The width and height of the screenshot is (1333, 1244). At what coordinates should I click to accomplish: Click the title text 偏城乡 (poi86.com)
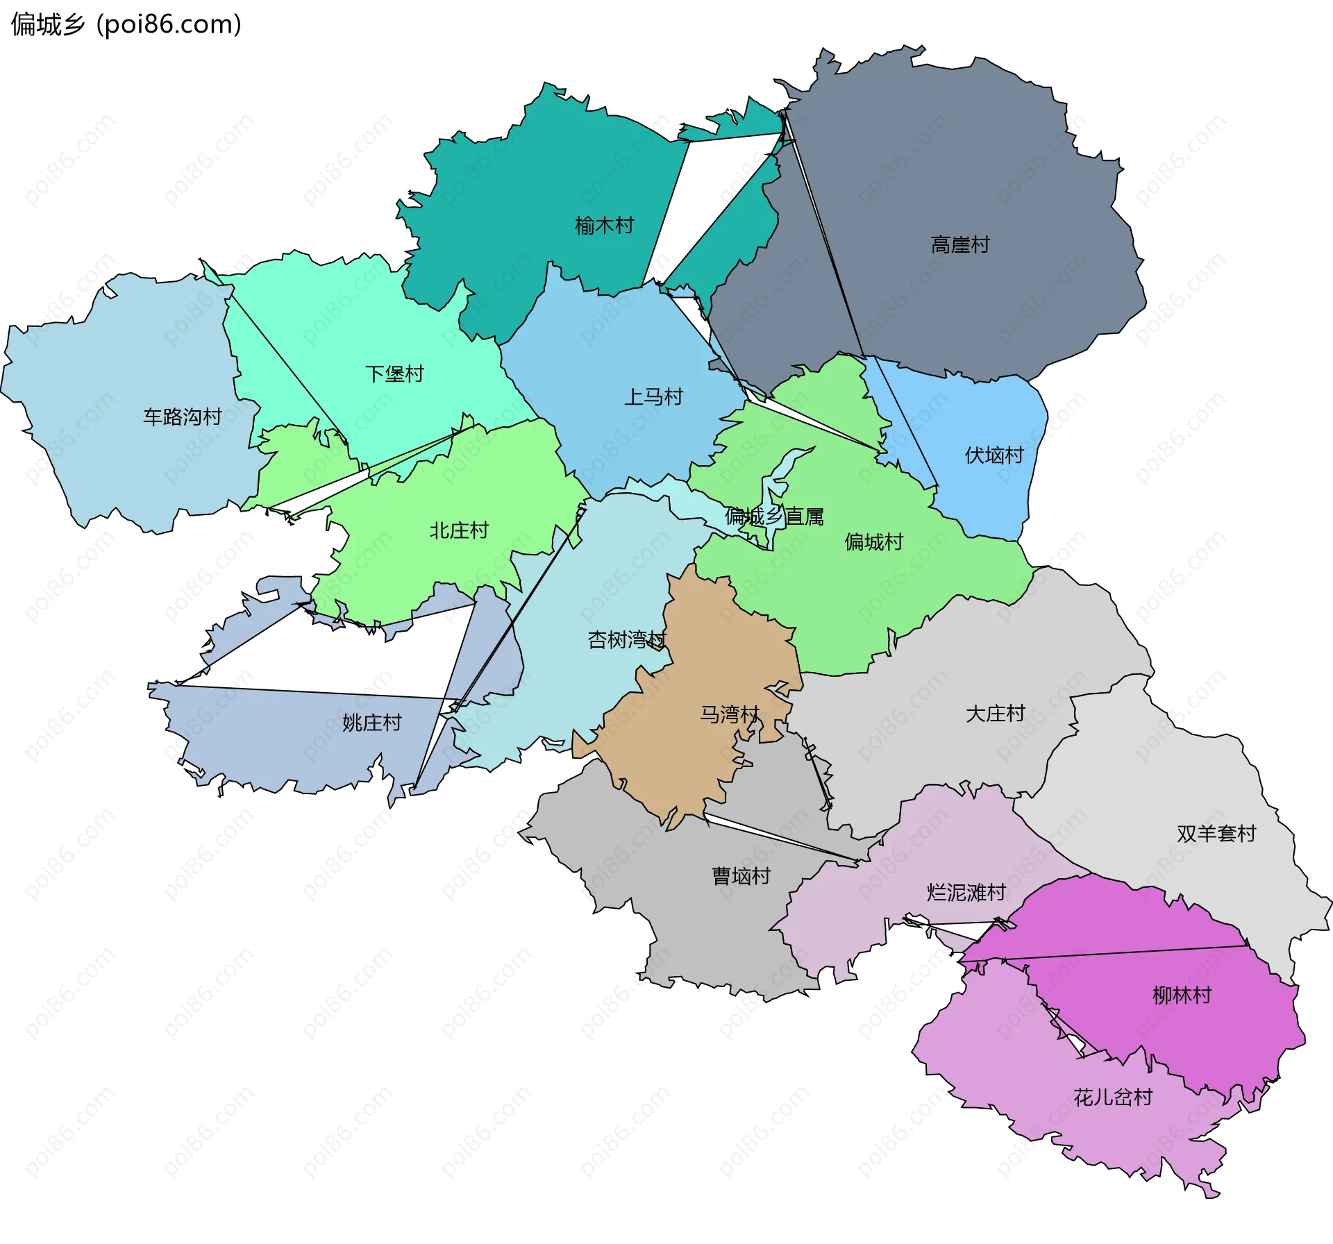tap(126, 24)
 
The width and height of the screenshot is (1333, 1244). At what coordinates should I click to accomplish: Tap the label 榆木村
tap(604, 226)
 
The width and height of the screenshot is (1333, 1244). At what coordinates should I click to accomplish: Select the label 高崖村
tap(959, 245)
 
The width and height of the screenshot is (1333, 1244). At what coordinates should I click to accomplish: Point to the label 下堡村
tap(394, 374)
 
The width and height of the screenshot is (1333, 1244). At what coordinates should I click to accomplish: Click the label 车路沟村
tap(182, 417)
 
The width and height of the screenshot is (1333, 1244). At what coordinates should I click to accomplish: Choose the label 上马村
tap(653, 397)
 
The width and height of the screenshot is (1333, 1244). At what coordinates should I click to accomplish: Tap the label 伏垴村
tap(994, 455)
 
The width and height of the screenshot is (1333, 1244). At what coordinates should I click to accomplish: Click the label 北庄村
tap(459, 530)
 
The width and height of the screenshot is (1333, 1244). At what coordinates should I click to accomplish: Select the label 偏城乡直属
tap(774, 516)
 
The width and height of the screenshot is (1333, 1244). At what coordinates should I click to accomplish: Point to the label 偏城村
tap(873, 542)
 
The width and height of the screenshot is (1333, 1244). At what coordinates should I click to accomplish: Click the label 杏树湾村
tap(627, 639)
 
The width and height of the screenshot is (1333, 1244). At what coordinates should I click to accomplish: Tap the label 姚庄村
tap(371, 723)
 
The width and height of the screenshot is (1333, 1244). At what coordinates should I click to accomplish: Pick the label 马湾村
tap(730, 714)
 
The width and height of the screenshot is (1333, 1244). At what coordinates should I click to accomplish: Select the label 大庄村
tap(995, 714)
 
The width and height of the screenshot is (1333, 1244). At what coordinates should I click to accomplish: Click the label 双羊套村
tap(1216, 833)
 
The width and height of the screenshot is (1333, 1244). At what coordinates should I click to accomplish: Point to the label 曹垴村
tap(741, 876)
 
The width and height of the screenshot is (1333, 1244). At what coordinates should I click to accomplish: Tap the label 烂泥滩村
tap(966, 892)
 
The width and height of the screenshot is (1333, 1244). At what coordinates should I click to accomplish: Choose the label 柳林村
tap(1182, 995)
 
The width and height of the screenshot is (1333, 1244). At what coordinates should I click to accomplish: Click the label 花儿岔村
tap(1112, 1098)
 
